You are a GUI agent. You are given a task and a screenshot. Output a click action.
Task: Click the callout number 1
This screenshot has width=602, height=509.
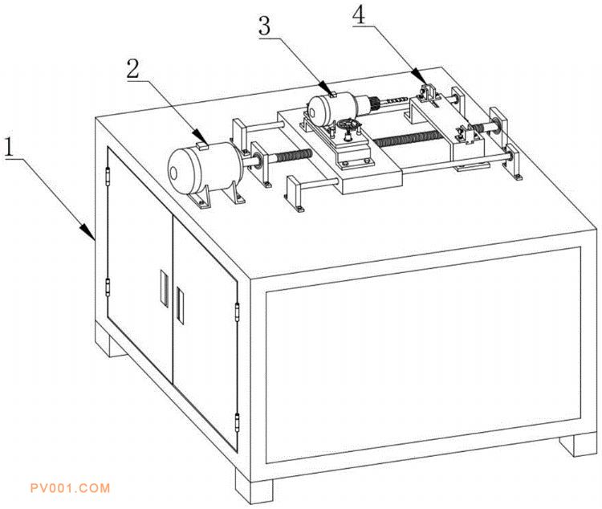click(x=9, y=147)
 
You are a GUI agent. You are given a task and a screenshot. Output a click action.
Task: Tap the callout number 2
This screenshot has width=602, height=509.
click(x=133, y=69)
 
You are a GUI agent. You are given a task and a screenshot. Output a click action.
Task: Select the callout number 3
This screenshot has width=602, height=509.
click(x=264, y=26)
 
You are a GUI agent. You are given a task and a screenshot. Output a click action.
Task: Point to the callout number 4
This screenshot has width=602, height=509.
click(x=359, y=16)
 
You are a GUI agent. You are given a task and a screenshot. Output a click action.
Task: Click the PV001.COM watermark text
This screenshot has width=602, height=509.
click(x=71, y=488)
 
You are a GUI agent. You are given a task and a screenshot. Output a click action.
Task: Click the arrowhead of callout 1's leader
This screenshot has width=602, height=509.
click(x=88, y=231)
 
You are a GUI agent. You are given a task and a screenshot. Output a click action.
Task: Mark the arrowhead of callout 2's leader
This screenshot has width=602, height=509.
click(x=201, y=138)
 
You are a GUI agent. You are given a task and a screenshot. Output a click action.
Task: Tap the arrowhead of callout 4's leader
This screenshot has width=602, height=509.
click(x=419, y=77)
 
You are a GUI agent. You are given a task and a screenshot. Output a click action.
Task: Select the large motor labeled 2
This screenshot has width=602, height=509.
click(x=205, y=170)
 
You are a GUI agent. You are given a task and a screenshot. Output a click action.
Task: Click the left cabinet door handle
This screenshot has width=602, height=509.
click(x=164, y=288)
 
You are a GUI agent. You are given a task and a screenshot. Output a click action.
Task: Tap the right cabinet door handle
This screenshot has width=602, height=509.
click(x=180, y=305)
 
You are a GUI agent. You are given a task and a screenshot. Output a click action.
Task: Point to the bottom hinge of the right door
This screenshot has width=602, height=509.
click(x=238, y=423)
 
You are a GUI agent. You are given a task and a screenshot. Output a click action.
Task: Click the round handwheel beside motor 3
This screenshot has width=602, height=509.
click(x=348, y=125)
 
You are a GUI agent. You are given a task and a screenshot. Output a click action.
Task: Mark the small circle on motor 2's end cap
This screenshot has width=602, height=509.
click(x=173, y=173)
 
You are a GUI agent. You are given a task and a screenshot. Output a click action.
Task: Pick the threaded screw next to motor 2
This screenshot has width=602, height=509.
click(x=293, y=155)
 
